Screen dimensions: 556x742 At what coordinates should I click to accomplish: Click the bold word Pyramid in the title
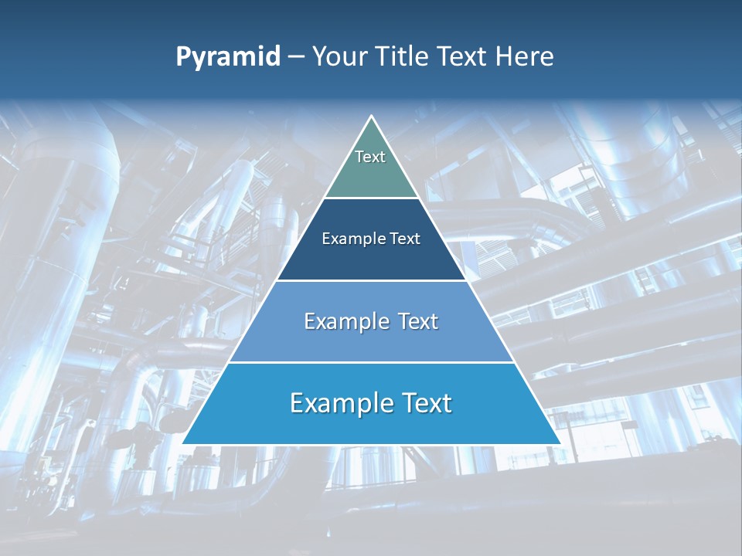228,57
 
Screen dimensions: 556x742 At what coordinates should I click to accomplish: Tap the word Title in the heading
404,57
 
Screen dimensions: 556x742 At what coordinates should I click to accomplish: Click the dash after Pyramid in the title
296,57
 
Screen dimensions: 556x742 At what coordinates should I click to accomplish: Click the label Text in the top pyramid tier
370,157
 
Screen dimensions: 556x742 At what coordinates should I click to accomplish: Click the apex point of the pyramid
371,116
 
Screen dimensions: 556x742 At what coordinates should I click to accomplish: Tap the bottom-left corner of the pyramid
183,444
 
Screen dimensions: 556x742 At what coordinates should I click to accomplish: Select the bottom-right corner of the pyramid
560,444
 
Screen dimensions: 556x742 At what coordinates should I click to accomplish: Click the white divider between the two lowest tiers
371,362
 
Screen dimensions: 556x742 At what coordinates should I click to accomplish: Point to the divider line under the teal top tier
371,198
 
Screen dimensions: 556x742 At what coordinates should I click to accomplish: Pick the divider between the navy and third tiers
371,280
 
